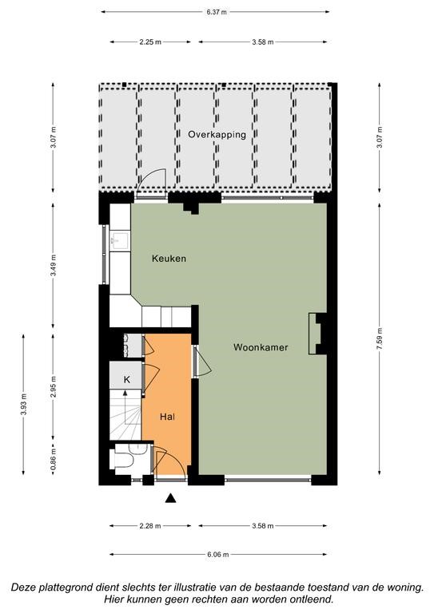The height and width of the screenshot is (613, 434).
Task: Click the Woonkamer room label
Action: (261, 347)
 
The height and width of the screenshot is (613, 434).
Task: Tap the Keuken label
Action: (169, 259)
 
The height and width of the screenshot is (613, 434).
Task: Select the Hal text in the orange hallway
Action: (167, 417)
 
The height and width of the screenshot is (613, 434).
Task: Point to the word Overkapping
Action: (217, 134)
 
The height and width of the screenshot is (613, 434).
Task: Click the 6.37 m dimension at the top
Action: (217, 12)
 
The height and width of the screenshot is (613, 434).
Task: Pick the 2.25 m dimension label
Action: (150, 42)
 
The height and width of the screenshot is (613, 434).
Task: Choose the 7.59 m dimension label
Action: (379, 340)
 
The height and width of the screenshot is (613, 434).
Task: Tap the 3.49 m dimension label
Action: (54, 265)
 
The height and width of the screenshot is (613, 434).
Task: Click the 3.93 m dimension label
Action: (23, 404)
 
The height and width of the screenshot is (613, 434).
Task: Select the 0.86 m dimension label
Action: (54, 457)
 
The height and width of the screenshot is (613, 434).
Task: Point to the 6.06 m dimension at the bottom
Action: (218, 554)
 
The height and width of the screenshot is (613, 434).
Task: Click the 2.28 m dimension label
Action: (150, 526)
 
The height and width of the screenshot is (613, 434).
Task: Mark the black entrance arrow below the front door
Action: (170, 498)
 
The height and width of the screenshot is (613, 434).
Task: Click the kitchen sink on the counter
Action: (120, 241)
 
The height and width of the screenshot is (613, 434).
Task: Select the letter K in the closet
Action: (127, 379)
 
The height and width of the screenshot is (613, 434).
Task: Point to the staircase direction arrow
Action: (125, 407)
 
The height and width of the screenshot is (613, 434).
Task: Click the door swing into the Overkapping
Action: (151, 180)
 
